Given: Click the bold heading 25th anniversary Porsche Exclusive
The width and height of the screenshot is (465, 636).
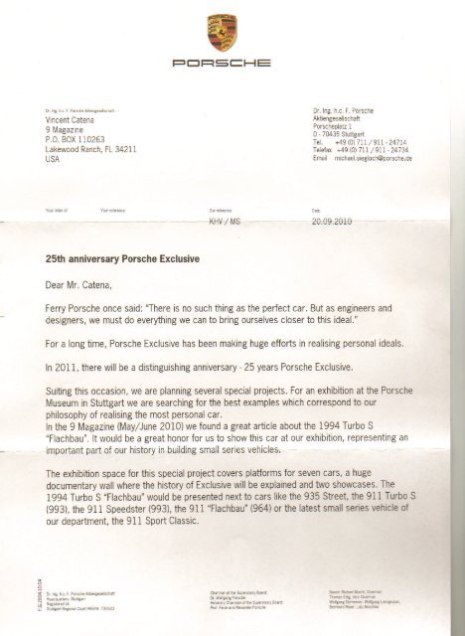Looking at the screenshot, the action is click(122, 258).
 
